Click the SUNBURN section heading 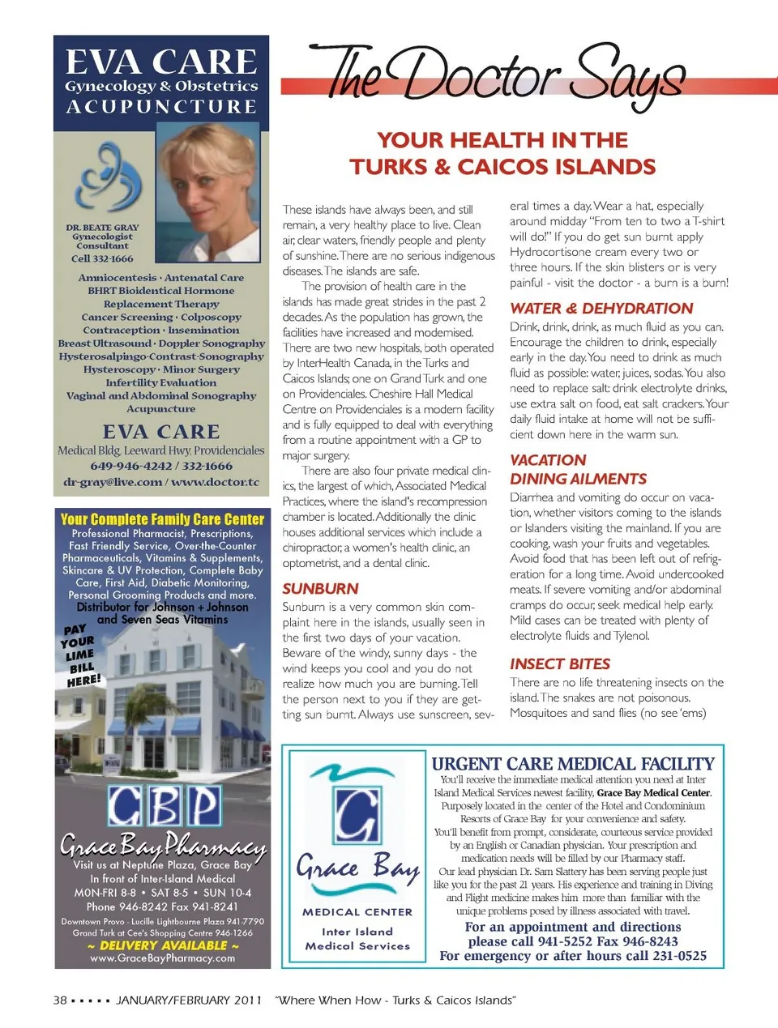(x=320, y=589)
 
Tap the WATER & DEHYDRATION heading (x=601, y=308)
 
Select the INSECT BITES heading (x=560, y=663)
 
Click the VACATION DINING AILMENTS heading (x=578, y=469)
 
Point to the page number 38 (x=60, y=1000)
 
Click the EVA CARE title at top (x=161, y=62)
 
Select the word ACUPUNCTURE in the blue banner (x=161, y=107)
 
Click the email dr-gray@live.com (x=113, y=482)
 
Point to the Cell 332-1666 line (x=102, y=258)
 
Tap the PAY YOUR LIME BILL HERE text (x=81, y=655)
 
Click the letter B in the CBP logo (x=163, y=805)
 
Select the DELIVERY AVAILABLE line (x=162, y=945)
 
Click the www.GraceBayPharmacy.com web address (x=162, y=958)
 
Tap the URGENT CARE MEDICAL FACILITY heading (x=573, y=763)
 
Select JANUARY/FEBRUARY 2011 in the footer (x=189, y=1000)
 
